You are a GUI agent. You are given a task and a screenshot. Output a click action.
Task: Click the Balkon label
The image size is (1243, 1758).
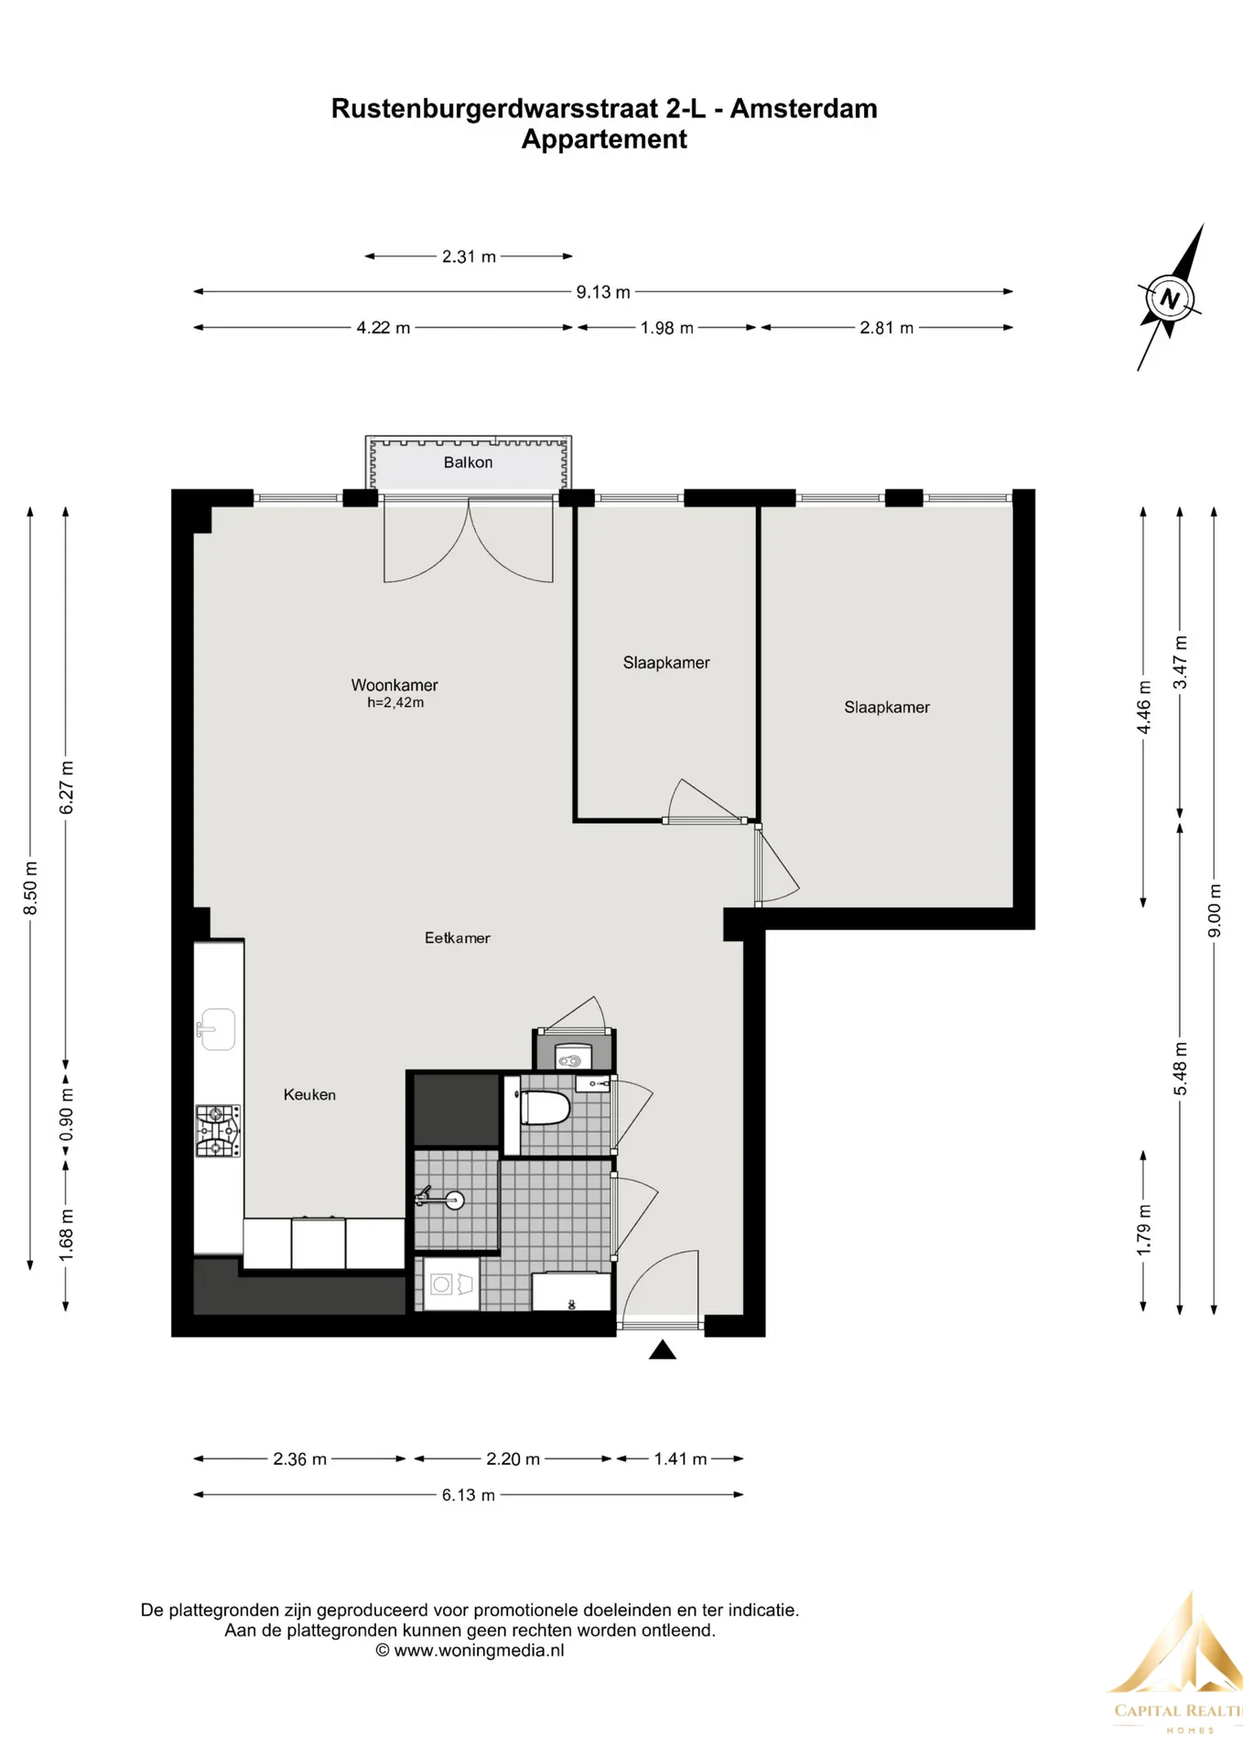click(x=468, y=462)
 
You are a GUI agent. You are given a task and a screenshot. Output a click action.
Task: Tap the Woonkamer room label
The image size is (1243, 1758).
click(x=395, y=685)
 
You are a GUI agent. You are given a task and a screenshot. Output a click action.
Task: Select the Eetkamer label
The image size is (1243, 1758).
click(x=457, y=938)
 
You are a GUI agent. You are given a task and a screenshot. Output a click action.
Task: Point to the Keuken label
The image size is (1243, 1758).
click(x=309, y=1094)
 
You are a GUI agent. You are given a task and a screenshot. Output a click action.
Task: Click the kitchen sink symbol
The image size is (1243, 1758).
click(x=216, y=1029)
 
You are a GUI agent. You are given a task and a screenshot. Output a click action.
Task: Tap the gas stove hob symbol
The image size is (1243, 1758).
click(x=218, y=1131)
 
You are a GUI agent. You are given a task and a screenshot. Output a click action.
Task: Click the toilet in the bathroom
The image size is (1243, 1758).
click(x=545, y=1109)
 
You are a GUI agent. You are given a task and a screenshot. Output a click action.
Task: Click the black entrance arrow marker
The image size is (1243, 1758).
click(x=663, y=1350)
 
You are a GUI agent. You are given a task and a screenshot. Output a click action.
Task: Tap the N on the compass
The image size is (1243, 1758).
click(x=1169, y=298)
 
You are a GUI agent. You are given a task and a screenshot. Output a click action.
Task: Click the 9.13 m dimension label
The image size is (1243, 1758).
click(x=603, y=292)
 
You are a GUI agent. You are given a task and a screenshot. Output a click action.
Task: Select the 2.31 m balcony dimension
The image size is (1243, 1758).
click(x=469, y=257)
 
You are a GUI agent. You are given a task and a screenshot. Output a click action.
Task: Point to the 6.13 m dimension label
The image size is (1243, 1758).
click(x=469, y=1495)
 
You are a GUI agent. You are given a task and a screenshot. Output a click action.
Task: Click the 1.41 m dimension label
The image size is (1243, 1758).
click(x=680, y=1460)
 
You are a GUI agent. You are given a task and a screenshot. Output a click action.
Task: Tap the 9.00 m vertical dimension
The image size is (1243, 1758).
click(x=1215, y=911)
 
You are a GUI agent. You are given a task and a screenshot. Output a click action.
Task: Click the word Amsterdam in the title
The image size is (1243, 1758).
click(x=804, y=109)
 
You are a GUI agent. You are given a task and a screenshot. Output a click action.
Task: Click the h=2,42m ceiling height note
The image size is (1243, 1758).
click(x=395, y=703)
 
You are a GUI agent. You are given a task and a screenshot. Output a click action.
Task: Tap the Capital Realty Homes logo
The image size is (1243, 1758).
click(x=1177, y=1666)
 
